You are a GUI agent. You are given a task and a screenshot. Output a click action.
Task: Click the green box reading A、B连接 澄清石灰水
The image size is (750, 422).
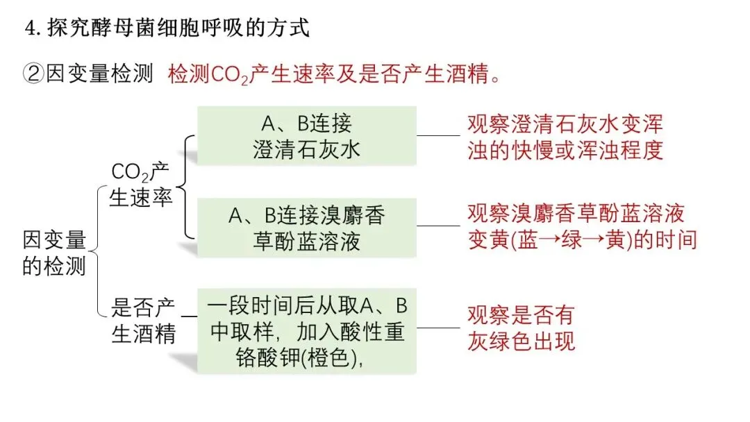(307, 136)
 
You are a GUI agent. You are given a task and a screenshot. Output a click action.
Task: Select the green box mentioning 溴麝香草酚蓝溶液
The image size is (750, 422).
(307, 228)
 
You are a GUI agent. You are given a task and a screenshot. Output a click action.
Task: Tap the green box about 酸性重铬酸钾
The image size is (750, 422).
(307, 331)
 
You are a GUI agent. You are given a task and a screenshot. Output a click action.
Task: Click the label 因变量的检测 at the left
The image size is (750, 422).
(54, 253)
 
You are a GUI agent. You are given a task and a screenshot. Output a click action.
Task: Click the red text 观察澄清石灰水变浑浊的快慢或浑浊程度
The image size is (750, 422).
(565, 137)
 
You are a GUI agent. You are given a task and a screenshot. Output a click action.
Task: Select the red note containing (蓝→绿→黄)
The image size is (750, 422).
(581, 226)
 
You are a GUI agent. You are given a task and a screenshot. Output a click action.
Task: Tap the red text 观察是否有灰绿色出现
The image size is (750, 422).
(521, 328)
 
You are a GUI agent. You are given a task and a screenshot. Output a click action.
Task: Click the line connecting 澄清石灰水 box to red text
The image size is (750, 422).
(439, 135)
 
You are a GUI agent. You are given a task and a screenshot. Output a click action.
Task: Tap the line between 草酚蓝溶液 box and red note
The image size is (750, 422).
(439, 226)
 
